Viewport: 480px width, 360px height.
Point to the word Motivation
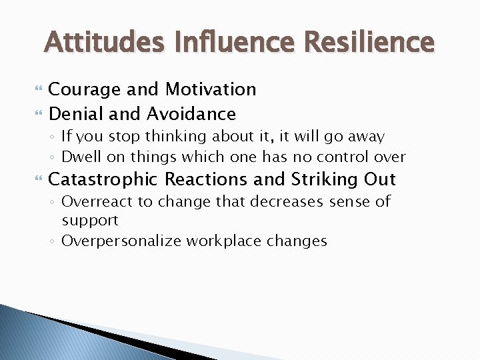(x=211, y=89)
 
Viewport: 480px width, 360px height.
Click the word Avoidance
(x=191, y=114)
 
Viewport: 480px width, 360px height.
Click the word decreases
(x=269, y=201)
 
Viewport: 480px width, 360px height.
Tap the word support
(x=89, y=220)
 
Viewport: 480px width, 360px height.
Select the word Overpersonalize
(x=122, y=241)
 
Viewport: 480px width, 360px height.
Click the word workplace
(x=225, y=241)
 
